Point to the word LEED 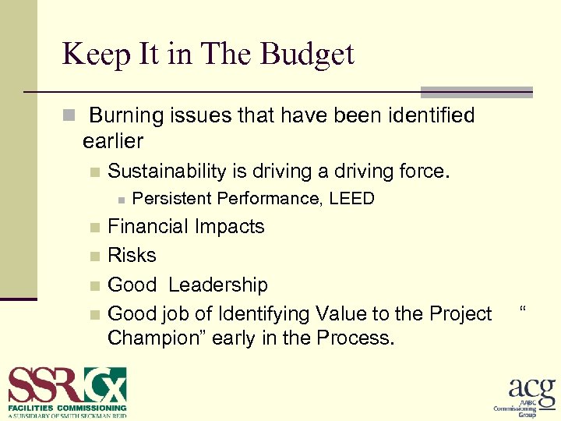(351, 199)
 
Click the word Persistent (173, 199)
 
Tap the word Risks (132, 256)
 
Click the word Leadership (218, 285)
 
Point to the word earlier (113, 141)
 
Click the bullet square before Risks (94, 256)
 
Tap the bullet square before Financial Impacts (94, 228)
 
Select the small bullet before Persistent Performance (121, 200)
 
